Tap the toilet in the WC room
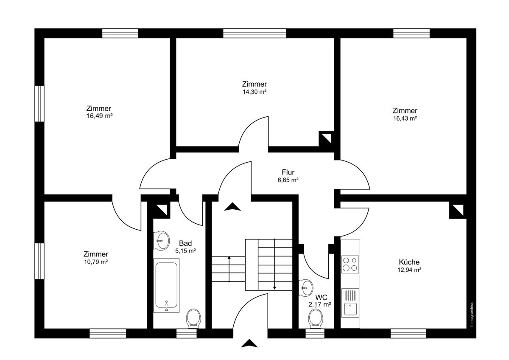pos(315,318)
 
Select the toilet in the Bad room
pos(193,318)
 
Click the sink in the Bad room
pos(162,240)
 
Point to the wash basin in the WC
pos(306,287)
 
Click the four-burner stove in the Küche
pos(350,264)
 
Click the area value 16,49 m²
pos(99,116)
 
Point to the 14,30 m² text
pos(254,92)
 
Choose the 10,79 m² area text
pos(95,262)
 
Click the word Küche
pos(409,262)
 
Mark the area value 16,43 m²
pos(405,118)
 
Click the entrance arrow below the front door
pos(249,343)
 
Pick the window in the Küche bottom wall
pos(408,333)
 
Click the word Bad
pos(185,243)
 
